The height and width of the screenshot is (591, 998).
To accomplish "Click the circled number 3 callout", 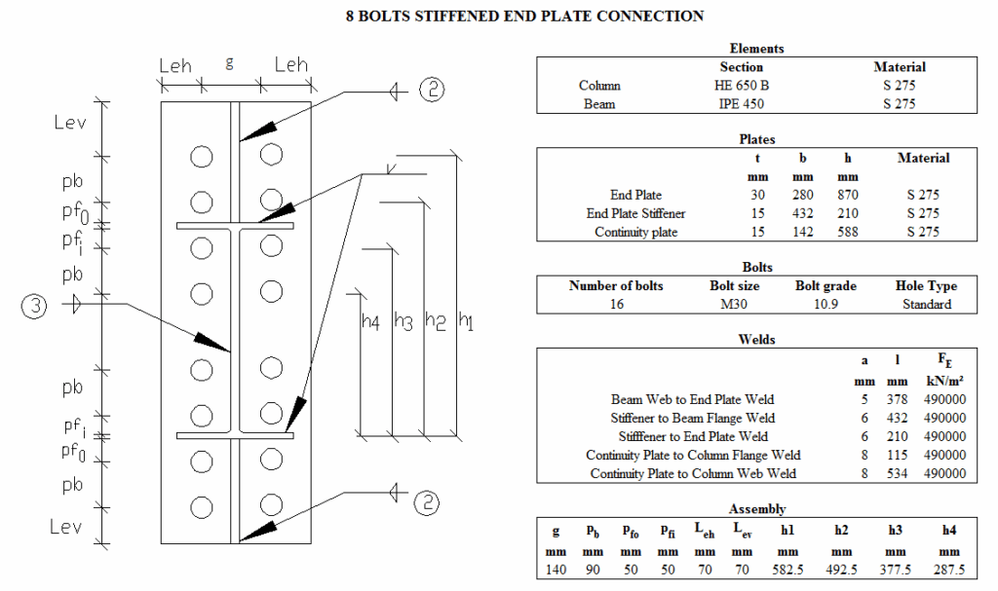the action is click(34, 306).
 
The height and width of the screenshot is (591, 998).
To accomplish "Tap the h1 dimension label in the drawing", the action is click(466, 321).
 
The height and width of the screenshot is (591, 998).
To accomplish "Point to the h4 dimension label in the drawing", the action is click(370, 322).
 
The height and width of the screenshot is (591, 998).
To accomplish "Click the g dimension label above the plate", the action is click(229, 63).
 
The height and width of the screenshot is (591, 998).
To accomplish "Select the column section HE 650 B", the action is click(741, 86).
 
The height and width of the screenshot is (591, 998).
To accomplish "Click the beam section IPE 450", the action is click(741, 104).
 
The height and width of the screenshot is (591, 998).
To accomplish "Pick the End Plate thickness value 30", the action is click(757, 195).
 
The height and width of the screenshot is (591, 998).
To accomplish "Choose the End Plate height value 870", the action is click(848, 195).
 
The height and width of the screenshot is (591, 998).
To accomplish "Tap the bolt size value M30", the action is click(734, 304).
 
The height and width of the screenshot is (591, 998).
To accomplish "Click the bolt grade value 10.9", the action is click(825, 304).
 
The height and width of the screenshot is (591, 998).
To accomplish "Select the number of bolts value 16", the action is click(617, 304).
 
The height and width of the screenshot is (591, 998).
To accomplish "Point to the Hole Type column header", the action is click(926, 285).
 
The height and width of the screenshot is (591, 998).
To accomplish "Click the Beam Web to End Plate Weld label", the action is click(693, 399).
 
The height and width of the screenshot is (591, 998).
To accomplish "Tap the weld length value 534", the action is click(897, 473).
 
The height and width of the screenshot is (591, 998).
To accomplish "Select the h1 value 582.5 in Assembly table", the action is click(787, 570).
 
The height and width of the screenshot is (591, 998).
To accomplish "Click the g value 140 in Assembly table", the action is click(556, 570).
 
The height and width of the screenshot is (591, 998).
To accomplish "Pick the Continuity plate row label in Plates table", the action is click(635, 232).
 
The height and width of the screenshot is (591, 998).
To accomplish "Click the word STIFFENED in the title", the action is click(455, 16).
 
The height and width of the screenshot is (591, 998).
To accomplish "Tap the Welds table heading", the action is click(756, 339).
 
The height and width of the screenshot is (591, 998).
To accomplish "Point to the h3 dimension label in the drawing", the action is click(403, 321).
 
